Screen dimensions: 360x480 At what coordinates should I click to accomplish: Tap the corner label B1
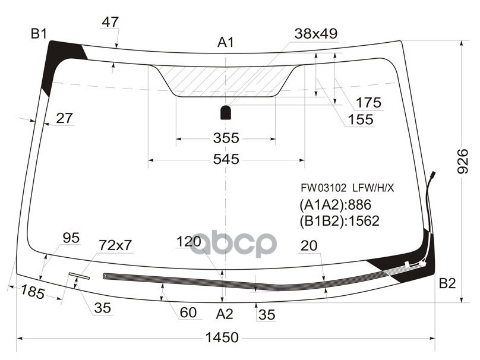coord(39,34)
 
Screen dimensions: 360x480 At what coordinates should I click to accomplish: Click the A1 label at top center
coord(226,42)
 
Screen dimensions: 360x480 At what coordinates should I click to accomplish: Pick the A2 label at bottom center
coord(225,314)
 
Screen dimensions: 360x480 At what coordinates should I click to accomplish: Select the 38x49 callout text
coord(316,34)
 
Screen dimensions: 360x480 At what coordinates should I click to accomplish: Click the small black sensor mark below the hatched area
coord(226,112)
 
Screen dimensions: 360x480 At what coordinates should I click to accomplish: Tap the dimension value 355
coord(226,138)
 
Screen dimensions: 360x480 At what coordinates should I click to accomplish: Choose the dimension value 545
coord(226,159)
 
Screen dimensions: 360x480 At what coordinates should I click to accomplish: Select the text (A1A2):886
coord(335,206)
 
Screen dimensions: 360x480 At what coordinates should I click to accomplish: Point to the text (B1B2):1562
coord(339,221)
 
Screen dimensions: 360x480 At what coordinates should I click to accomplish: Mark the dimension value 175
coord(368,103)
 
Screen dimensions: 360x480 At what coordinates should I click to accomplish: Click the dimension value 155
coord(361,120)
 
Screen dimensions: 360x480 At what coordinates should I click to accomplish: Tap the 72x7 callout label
coord(115,244)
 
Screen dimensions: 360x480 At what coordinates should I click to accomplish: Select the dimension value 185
coord(34,291)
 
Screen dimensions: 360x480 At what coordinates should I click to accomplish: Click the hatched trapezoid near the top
coord(226,80)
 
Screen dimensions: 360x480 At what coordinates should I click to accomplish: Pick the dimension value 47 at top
coord(110,23)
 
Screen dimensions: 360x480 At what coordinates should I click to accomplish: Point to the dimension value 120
coord(189,242)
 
